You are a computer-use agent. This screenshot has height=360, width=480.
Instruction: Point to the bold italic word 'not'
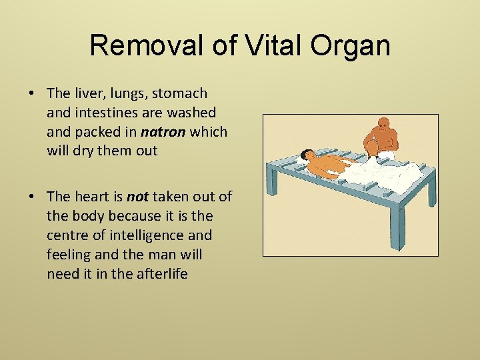137,196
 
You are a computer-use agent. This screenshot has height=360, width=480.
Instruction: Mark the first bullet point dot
32,93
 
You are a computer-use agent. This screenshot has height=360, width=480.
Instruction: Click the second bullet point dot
32,196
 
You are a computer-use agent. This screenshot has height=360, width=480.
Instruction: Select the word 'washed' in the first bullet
194,113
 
